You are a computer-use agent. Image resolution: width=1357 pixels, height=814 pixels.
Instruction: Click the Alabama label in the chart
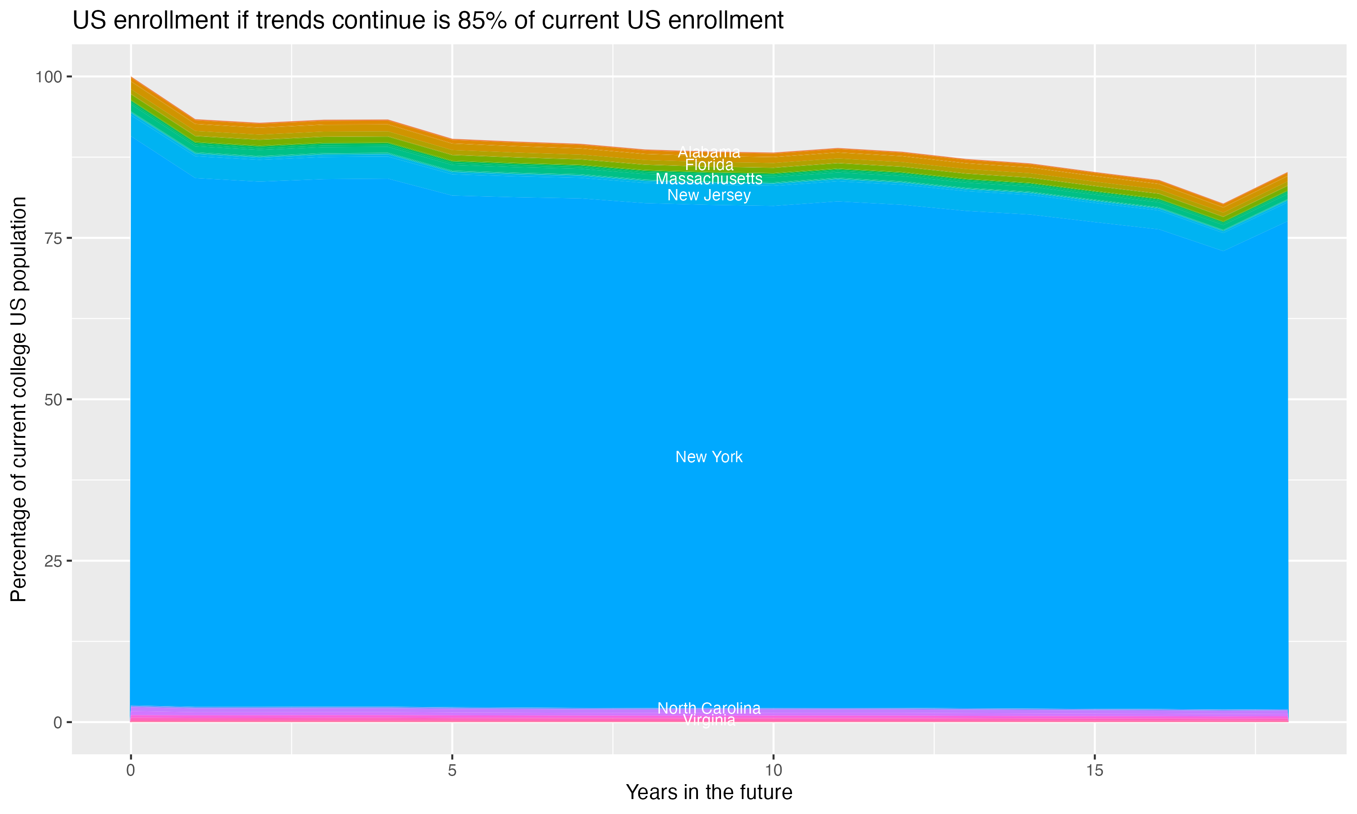(x=709, y=152)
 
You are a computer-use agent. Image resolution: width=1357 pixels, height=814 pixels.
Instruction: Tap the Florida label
(x=709, y=165)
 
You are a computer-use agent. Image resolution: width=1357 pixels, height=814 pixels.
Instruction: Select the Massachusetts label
(x=709, y=179)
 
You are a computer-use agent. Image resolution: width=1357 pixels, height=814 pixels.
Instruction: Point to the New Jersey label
(x=709, y=195)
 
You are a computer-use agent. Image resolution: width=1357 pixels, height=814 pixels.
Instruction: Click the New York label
(x=709, y=457)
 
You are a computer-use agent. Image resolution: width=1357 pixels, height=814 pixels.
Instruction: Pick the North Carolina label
(x=709, y=708)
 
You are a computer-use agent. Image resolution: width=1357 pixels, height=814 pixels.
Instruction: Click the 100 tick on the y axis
(x=48, y=77)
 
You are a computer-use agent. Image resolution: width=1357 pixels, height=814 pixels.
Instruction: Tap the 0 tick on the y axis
(x=57, y=722)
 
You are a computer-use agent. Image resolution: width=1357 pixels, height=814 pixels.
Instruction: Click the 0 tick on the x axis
(x=131, y=771)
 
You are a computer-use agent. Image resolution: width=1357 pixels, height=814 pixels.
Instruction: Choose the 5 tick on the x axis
(x=452, y=771)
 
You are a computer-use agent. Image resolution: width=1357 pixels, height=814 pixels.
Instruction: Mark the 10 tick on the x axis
(x=773, y=771)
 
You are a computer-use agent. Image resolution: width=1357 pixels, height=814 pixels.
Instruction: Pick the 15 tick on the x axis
(x=1094, y=771)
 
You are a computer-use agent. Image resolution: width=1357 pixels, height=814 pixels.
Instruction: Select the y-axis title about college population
(x=19, y=399)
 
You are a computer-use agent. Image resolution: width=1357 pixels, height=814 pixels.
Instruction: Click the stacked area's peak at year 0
(x=132, y=78)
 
